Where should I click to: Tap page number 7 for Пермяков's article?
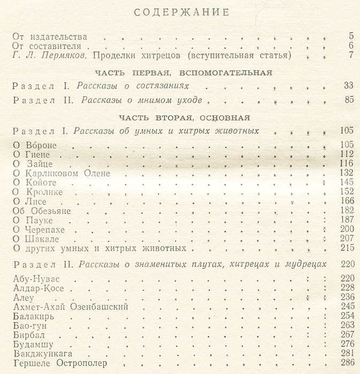[x=350, y=56]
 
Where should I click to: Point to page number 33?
[x=348, y=85]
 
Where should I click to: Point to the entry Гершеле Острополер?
[x=59, y=364]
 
